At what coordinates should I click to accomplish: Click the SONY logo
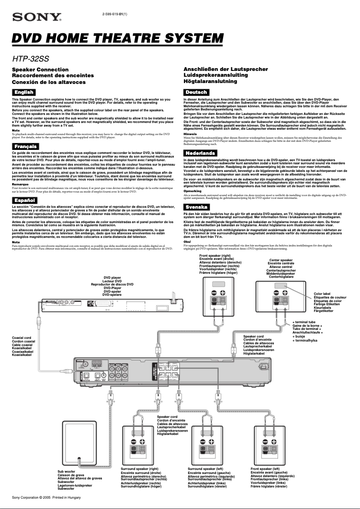pos(37,18)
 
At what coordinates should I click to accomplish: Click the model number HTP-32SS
pos(31,58)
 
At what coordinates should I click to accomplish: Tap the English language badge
pos(24,92)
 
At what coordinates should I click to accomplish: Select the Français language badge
pos(26,147)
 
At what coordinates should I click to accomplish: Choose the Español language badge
pos(25,200)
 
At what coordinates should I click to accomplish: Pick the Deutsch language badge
pos(196,92)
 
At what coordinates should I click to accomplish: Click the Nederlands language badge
pos(200,153)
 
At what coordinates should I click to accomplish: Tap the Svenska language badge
pos(197,207)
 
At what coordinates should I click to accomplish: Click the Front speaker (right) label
pos(215,255)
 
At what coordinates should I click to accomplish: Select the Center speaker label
pos(281,260)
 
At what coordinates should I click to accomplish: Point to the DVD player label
pos(112,278)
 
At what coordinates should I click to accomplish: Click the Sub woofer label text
pos(66,471)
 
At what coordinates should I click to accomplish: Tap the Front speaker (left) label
pos(269,469)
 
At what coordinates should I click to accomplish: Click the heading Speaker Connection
pos(40,70)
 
